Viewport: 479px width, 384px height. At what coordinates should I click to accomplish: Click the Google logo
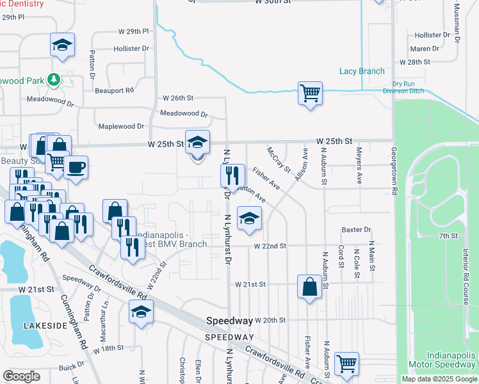coord(22,377)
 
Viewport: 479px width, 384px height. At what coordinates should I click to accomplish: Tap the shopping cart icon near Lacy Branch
coord(310,93)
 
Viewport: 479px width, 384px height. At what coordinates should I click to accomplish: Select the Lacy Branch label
coord(362,71)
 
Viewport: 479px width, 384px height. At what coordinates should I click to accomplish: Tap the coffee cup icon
coord(76,168)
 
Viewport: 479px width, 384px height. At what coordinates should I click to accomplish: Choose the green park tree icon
coord(55,80)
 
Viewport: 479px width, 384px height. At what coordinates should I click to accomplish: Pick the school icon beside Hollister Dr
coord(63,45)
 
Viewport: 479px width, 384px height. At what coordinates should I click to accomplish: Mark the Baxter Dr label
coord(357,229)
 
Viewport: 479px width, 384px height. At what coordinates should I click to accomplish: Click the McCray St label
coord(279,163)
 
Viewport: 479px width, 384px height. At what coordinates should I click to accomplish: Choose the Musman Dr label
coord(457,22)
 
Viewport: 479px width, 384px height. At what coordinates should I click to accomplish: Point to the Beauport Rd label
coord(114,90)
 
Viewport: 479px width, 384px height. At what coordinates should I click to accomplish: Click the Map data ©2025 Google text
coord(439,379)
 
